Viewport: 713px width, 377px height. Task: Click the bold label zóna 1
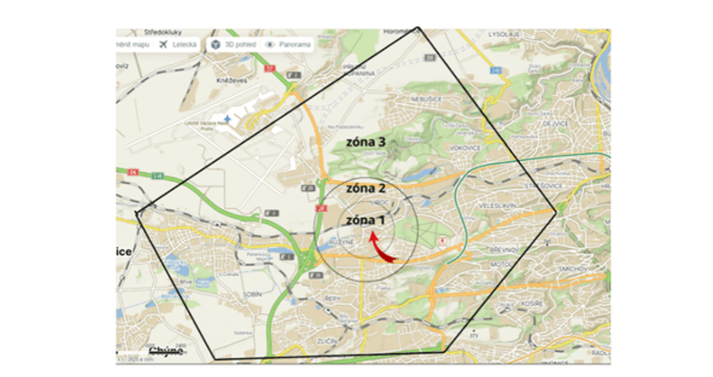[x=365, y=221]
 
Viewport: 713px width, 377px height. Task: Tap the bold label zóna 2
[x=365, y=188]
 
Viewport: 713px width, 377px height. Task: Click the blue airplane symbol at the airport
[x=227, y=117]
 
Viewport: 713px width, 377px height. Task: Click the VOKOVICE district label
[x=464, y=148]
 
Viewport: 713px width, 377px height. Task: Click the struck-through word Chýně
[x=165, y=351]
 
